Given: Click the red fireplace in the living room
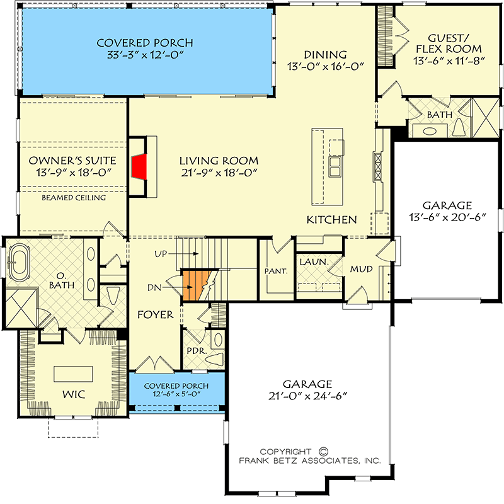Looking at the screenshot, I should (139, 167).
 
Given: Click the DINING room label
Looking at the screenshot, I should (325, 55).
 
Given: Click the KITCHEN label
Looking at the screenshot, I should (332, 220).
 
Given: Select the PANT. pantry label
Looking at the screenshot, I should (276, 271).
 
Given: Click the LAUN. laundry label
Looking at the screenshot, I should (311, 260).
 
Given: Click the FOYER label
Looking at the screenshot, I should (156, 314).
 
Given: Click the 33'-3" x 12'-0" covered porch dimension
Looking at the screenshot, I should (145, 56).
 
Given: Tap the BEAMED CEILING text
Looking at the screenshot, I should (74, 198).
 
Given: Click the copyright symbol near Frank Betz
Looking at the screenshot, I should (324, 451).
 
